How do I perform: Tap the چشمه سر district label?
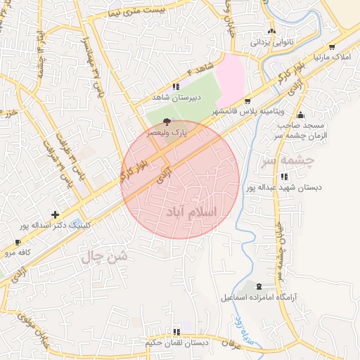click(x=287, y=161)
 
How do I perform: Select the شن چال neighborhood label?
click(x=105, y=257)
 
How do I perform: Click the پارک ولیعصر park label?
click(x=167, y=131)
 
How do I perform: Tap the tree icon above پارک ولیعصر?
click(x=166, y=122)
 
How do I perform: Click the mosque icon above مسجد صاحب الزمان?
click(x=301, y=115)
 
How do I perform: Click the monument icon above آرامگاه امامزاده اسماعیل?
click(x=259, y=287)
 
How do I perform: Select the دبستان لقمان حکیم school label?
click(x=176, y=342)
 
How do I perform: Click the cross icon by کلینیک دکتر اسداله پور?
click(x=56, y=214)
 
